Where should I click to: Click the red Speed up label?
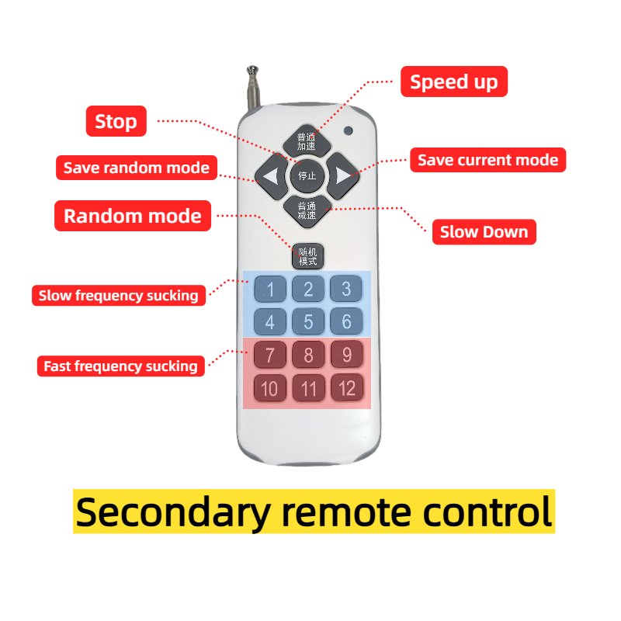click(454, 82)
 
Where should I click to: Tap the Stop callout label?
click(116, 121)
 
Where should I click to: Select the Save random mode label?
click(137, 168)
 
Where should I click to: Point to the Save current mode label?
click(488, 160)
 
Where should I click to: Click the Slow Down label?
click(484, 231)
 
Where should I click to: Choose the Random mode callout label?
click(133, 216)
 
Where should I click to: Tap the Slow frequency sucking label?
click(119, 296)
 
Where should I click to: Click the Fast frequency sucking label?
click(121, 366)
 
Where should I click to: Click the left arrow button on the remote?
click(271, 176)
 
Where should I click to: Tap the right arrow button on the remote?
click(343, 176)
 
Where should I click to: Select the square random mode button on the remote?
click(307, 256)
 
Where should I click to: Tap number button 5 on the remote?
click(308, 321)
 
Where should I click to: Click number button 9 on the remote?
click(346, 354)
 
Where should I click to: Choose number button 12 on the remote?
click(346, 387)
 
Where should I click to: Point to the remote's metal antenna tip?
click(252, 70)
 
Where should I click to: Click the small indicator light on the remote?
click(349, 130)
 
